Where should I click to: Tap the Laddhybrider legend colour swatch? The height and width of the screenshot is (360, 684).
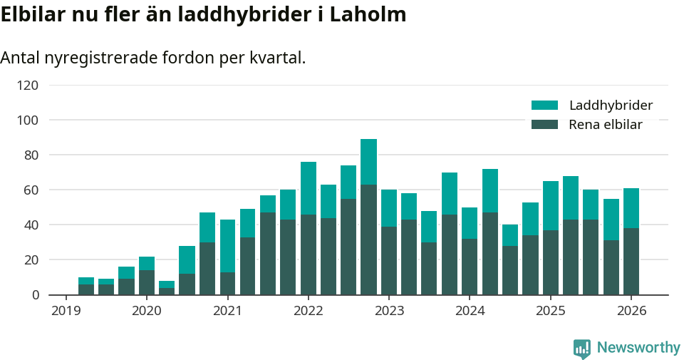[x=544, y=106]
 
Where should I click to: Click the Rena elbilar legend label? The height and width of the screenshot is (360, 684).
[x=606, y=125]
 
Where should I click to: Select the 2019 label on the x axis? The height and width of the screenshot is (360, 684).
[x=66, y=311]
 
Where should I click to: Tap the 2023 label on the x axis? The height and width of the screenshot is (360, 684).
[x=389, y=311]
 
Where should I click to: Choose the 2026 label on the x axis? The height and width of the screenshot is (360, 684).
[x=631, y=311]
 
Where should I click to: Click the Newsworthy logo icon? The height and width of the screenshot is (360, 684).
[x=581, y=348]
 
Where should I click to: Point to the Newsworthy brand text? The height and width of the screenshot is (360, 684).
[x=638, y=348]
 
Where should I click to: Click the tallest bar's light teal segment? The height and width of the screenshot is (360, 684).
[x=368, y=162]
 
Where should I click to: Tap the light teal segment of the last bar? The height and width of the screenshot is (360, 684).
[x=631, y=208]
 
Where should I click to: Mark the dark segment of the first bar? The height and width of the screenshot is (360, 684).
[x=86, y=289]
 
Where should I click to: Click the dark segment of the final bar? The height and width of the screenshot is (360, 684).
[x=631, y=261]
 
